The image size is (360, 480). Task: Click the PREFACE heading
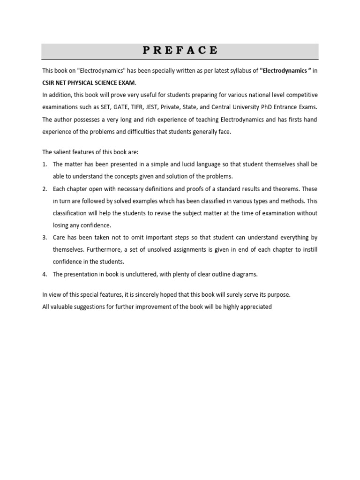point(180,51)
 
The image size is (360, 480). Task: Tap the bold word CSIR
point(49,83)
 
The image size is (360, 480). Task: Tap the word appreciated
point(256,307)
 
